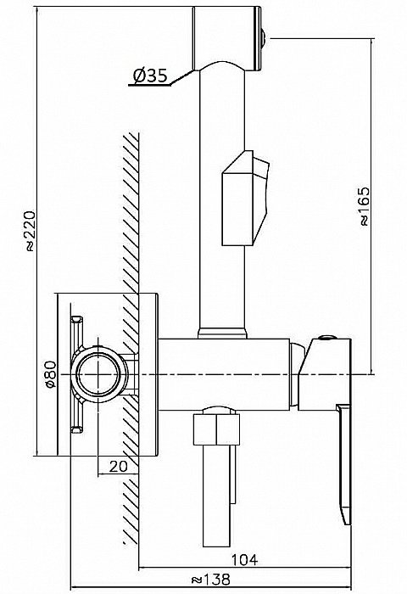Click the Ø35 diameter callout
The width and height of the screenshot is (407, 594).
[150, 76]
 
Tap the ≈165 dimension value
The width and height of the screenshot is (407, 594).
[365, 206]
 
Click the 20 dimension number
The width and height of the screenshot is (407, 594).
[119, 467]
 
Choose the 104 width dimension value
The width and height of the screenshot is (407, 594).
[244, 559]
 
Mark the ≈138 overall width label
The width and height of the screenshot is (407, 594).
[210, 580]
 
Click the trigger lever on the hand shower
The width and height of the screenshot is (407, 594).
[245, 198]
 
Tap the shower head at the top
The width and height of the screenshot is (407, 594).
[226, 38]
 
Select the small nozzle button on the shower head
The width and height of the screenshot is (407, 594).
[265, 38]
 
